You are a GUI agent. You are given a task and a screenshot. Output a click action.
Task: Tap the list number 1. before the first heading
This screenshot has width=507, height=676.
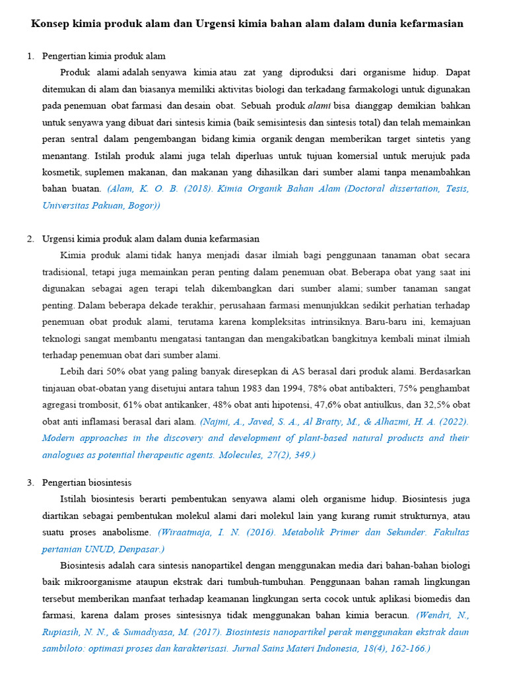click(x=30, y=56)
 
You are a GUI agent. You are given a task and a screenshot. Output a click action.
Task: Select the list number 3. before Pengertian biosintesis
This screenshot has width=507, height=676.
click(x=30, y=483)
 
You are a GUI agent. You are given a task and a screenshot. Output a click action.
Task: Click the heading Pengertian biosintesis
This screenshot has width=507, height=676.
click(x=86, y=483)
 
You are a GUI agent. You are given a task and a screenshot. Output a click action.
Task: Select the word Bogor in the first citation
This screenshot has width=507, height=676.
click(x=144, y=205)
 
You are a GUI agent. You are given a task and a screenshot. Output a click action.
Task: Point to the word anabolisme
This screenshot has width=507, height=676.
click(x=131, y=532)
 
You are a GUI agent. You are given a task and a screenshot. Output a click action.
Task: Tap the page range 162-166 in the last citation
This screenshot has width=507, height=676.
click(x=403, y=648)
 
